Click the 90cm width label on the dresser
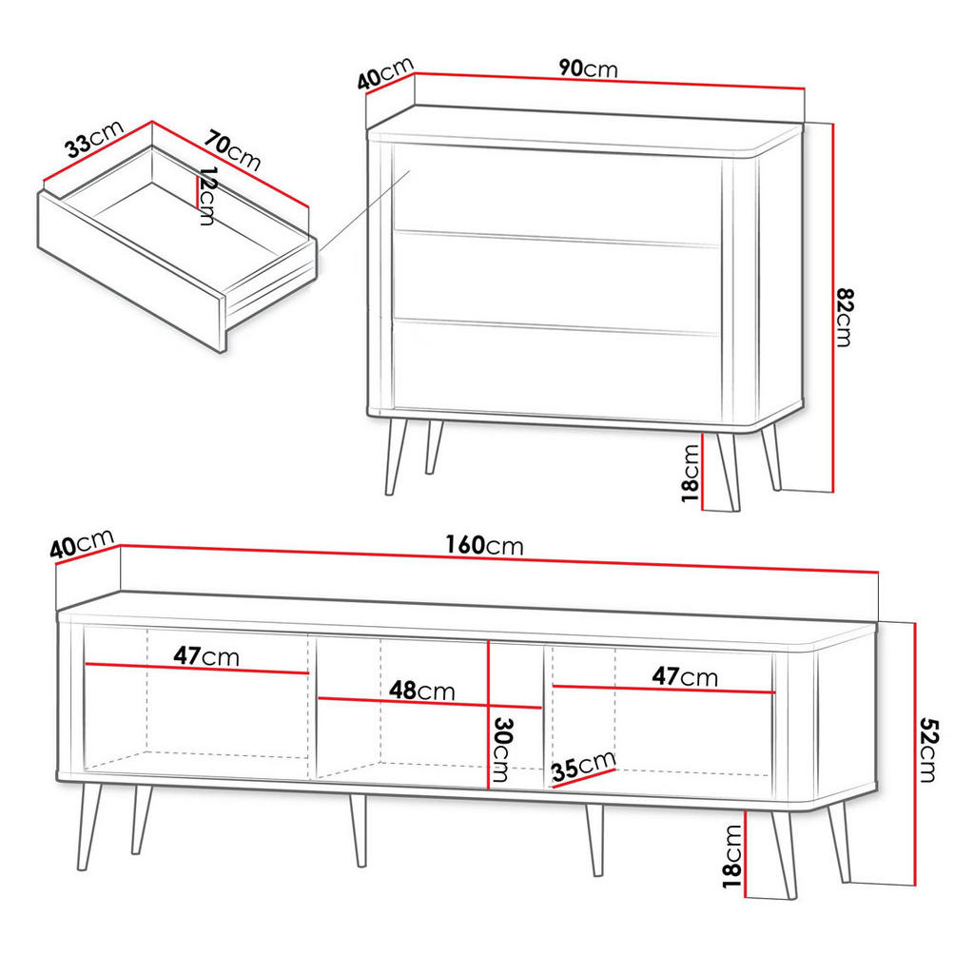(588, 68)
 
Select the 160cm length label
(484, 545)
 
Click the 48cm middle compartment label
(421, 691)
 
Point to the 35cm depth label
(583, 766)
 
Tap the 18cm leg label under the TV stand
(731, 856)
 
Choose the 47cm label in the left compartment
(206, 656)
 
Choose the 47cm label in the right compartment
(684, 676)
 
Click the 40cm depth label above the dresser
(385, 73)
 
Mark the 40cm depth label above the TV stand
(82, 546)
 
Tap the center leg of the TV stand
(359, 829)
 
